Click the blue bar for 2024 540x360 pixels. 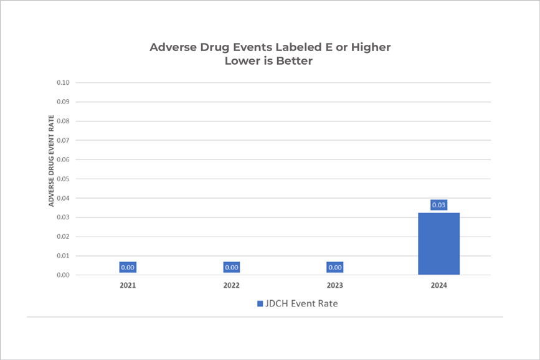(x=438, y=244)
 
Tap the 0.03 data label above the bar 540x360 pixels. (x=438, y=205)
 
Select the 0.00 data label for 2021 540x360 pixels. (x=128, y=267)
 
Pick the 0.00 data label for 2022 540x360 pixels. (x=232, y=267)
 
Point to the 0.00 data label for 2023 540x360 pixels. (x=335, y=267)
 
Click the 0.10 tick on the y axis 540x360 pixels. (x=63, y=83)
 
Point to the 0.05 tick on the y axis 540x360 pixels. (x=63, y=179)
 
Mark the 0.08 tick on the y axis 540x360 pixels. (x=63, y=121)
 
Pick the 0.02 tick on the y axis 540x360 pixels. (x=63, y=237)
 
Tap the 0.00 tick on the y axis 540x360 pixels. (x=63, y=275)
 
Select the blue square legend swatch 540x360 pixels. (x=260, y=304)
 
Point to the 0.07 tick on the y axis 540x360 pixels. (x=63, y=141)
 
